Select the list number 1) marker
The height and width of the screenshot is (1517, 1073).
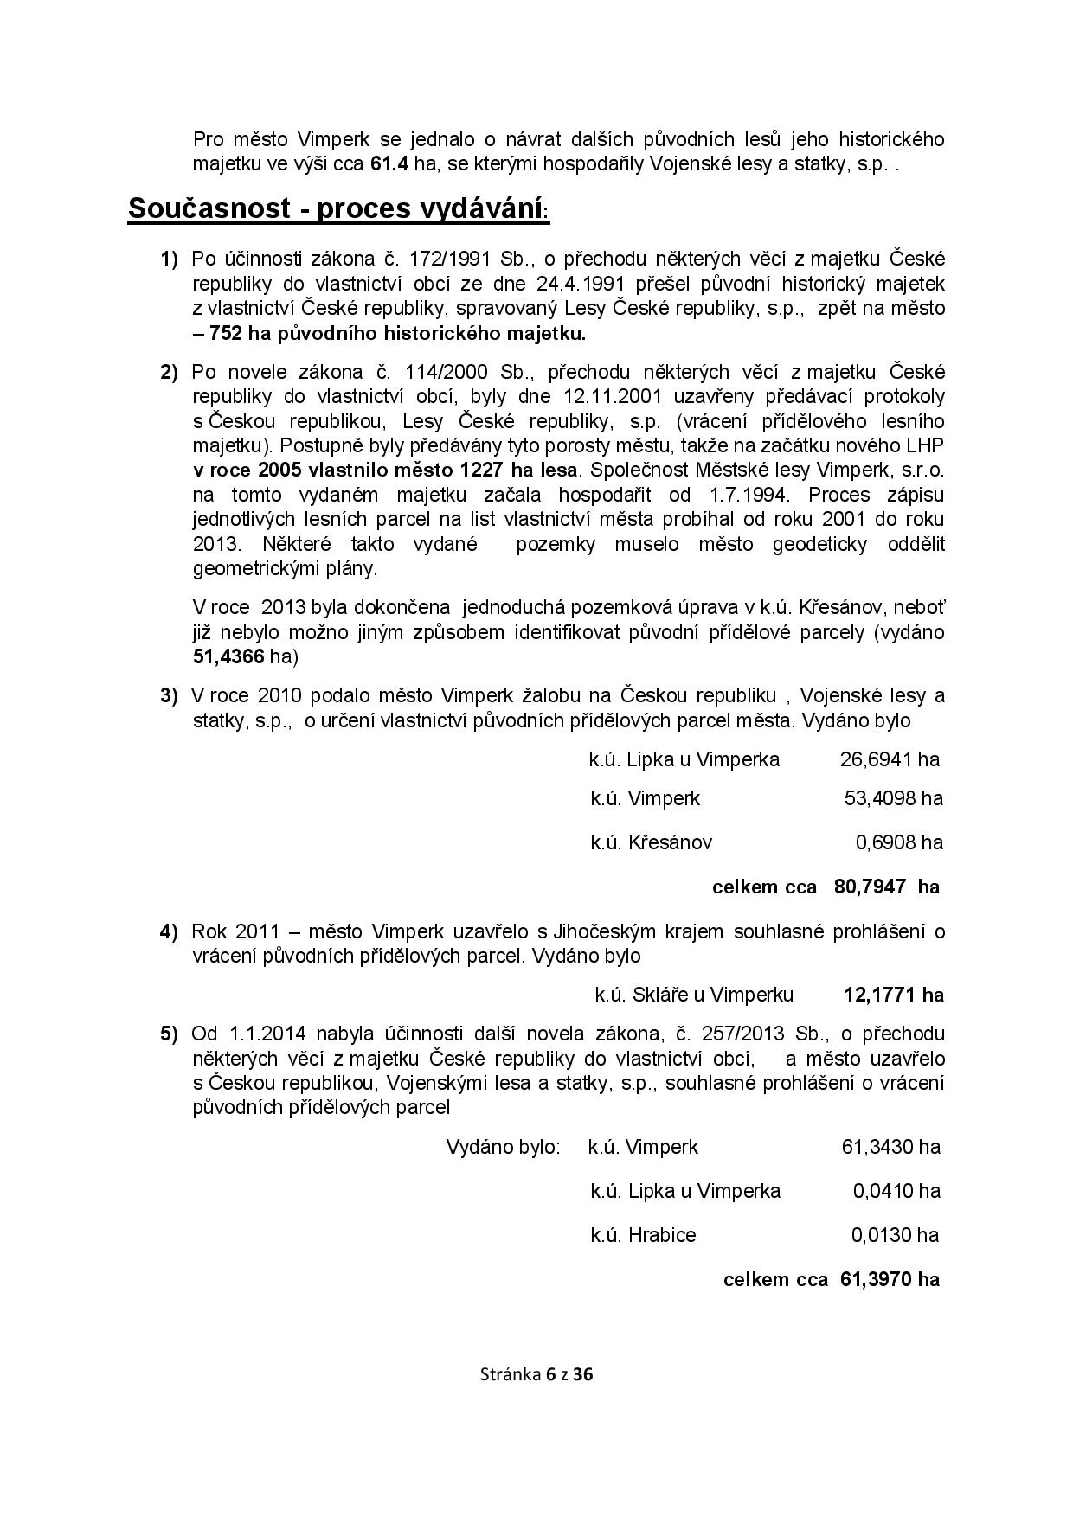169,259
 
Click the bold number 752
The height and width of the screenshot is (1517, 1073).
227,333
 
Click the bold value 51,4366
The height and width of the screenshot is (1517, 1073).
228,656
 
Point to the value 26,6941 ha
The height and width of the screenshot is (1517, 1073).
890,759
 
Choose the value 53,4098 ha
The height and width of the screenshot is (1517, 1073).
893,798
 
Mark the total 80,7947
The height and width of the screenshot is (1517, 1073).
870,887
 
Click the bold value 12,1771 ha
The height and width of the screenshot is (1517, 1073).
893,995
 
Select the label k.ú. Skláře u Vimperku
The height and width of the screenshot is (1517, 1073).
694,995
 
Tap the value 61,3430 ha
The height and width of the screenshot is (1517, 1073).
890,1147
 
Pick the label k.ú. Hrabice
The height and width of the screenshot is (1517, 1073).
643,1235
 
